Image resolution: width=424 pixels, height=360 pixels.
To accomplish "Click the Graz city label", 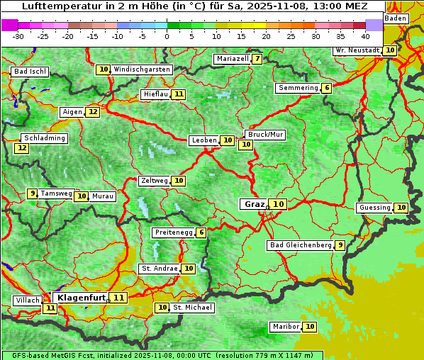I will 254,204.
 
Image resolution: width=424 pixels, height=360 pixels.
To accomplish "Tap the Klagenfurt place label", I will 81,298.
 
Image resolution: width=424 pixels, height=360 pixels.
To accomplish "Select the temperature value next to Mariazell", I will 257,59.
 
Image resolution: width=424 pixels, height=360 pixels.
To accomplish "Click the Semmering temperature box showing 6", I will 326,88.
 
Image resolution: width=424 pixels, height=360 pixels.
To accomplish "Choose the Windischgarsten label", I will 142,69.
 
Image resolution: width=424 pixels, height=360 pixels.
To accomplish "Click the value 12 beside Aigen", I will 93,112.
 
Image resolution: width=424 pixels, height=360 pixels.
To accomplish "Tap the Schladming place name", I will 45,138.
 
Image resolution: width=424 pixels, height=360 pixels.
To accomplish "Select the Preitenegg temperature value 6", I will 201,232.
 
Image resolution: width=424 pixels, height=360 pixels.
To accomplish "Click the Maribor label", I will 284,327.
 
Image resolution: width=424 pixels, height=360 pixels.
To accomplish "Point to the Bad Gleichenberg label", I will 301,245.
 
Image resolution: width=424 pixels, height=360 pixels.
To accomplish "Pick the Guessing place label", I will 374,208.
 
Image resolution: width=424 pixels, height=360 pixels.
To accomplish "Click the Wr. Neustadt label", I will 357,50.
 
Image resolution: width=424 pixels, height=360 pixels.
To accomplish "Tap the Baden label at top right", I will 396,18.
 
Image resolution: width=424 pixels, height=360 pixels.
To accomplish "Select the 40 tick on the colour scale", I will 364,35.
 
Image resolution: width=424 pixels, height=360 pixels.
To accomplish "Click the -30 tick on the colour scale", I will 18,35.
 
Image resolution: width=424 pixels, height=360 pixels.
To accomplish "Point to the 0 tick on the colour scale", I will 167,35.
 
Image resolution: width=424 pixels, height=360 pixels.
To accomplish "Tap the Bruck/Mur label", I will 265,134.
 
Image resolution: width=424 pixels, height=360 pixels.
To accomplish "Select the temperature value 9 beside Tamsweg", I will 32,193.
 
